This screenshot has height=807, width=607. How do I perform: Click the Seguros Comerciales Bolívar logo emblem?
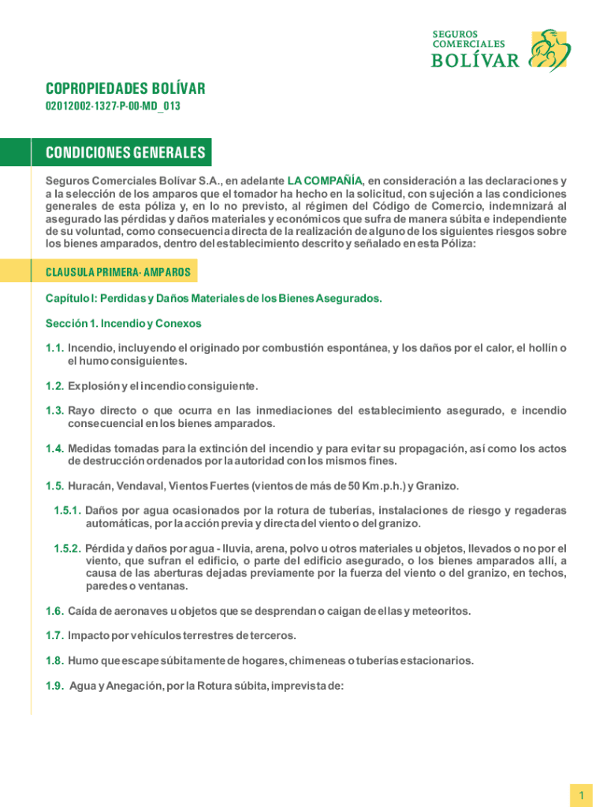pos(549,50)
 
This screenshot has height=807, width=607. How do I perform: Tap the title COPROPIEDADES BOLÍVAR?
pos(125,89)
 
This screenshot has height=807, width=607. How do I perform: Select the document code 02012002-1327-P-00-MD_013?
pos(113,106)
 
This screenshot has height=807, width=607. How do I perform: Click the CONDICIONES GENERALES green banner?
pos(126,152)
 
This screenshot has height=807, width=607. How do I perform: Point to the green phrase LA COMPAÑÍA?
pos(325,180)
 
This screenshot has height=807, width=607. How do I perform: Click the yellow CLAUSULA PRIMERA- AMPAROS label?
pos(118,272)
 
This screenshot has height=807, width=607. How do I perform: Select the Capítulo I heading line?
pos(214,299)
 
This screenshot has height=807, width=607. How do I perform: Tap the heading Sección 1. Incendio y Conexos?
pos(124,323)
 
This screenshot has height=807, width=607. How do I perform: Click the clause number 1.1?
pos(54,348)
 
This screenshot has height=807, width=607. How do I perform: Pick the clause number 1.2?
pos(54,386)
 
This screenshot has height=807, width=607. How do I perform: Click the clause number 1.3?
pos(54,411)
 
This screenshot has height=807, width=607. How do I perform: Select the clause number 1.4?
pos(54,448)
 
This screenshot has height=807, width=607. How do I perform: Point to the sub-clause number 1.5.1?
pos(68,511)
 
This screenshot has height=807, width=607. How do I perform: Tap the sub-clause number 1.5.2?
pos(68,548)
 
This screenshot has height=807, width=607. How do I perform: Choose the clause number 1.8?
pos(54,660)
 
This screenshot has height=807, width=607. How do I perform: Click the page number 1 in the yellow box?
pos(581,797)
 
